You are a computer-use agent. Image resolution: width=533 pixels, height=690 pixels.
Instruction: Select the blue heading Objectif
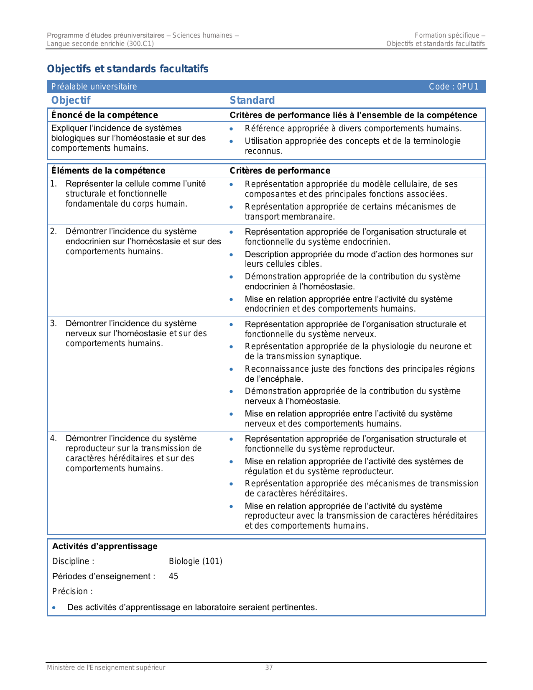tap(71, 100)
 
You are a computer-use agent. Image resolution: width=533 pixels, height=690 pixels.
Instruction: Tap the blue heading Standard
tap(252, 100)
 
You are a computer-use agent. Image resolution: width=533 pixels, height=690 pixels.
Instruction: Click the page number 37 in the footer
tap(269, 668)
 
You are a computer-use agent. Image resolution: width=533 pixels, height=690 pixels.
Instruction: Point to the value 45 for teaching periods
tap(173, 576)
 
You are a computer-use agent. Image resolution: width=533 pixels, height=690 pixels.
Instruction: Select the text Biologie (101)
tap(195, 561)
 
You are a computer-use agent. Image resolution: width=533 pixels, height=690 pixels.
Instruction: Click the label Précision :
tap(72, 591)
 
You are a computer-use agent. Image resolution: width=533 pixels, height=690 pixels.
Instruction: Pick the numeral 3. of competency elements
tap(53, 323)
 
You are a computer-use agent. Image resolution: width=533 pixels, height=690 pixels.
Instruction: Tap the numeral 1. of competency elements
tap(53, 184)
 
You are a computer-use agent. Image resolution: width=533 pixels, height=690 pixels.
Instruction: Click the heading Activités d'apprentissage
tap(105, 546)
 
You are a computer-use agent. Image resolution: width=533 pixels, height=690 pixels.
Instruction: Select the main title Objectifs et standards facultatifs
tap(128, 69)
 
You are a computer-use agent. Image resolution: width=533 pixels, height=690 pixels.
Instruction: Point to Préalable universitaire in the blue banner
tap(94, 87)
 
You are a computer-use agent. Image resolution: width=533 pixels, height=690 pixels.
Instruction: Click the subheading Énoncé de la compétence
tap(105, 115)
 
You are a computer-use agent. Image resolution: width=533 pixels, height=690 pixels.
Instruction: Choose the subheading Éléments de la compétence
tap(108, 171)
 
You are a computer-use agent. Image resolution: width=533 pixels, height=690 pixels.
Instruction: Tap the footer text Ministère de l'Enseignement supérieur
tap(106, 668)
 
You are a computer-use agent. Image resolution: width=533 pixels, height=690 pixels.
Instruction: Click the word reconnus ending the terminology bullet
tap(263, 151)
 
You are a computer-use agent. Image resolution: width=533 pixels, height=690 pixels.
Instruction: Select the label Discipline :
tap(73, 561)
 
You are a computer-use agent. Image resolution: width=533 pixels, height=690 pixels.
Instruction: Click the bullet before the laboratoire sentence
tap(54, 608)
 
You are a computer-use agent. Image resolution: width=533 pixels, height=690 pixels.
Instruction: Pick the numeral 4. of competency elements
tap(53, 438)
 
